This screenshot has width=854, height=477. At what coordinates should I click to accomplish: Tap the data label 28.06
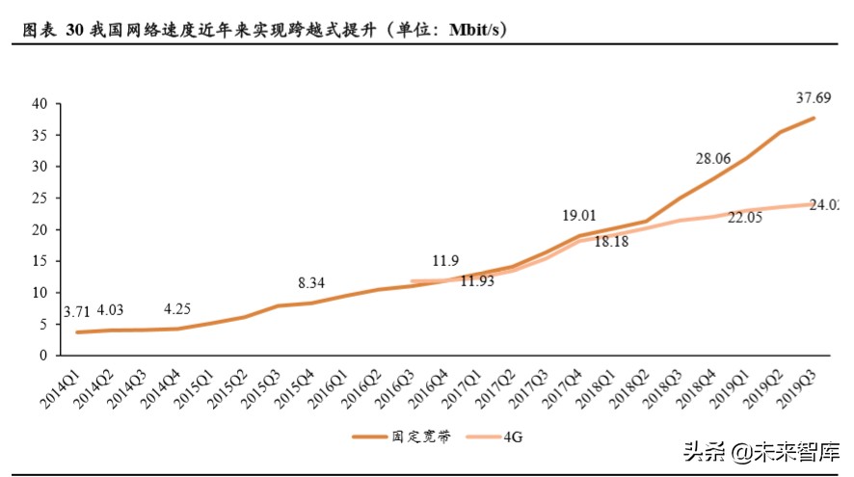pos(715,158)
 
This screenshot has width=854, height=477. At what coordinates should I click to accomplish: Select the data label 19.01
pos(579,216)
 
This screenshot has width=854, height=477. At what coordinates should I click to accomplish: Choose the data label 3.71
pos(78,312)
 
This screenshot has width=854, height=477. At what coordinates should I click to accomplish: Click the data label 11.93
pos(479,281)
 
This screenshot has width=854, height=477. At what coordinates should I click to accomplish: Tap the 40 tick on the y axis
pos(39,103)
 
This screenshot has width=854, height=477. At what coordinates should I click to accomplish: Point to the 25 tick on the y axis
pos(39,198)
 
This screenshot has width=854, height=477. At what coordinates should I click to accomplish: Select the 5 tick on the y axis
pos(42,324)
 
